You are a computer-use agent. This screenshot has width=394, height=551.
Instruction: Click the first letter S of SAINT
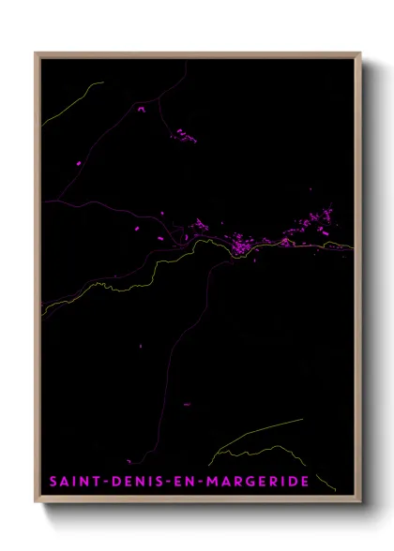tap(54, 482)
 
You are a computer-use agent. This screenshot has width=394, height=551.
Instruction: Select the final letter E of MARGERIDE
tap(305, 482)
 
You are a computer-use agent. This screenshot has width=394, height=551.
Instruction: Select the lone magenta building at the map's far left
tap(79, 164)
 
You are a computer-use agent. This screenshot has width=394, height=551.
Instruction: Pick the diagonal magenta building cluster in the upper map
tap(184, 137)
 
